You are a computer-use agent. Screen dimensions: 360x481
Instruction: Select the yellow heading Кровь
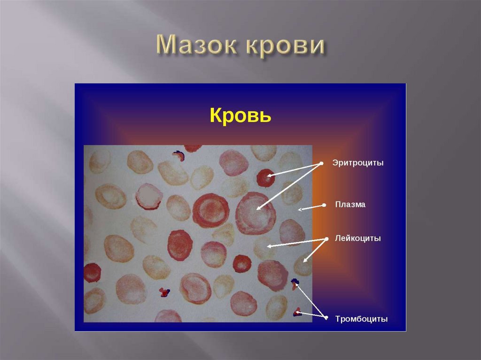pyautogui.click(x=240, y=115)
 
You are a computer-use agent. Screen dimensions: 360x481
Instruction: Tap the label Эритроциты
pyautogui.click(x=358, y=163)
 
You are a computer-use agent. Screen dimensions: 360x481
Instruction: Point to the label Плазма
pyautogui.click(x=350, y=205)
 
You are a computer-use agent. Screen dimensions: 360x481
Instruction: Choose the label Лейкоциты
pyautogui.click(x=357, y=238)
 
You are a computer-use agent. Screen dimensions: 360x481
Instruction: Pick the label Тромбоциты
pyautogui.click(x=361, y=319)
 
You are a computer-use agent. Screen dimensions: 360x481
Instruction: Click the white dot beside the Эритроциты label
pyautogui.click(x=322, y=163)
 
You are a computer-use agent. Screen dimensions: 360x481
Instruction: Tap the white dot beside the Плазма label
pyautogui.click(x=324, y=205)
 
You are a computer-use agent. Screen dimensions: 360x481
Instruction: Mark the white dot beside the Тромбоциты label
pyautogui.click(x=326, y=318)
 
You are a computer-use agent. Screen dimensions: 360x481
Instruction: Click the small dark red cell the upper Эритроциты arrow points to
pyautogui.click(x=265, y=178)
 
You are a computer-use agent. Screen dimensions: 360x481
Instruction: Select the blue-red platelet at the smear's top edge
pyautogui.click(x=178, y=155)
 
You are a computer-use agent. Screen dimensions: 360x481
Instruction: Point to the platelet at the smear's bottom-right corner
pyautogui.click(x=297, y=312)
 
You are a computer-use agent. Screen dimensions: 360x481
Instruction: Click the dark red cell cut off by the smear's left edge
pyautogui.click(x=92, y=272)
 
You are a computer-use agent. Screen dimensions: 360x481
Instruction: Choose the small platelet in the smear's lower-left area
pyautogui.click(x=164, y=292)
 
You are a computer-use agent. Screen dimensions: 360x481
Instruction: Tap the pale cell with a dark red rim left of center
pyautogui.click(x=149, y=196)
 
